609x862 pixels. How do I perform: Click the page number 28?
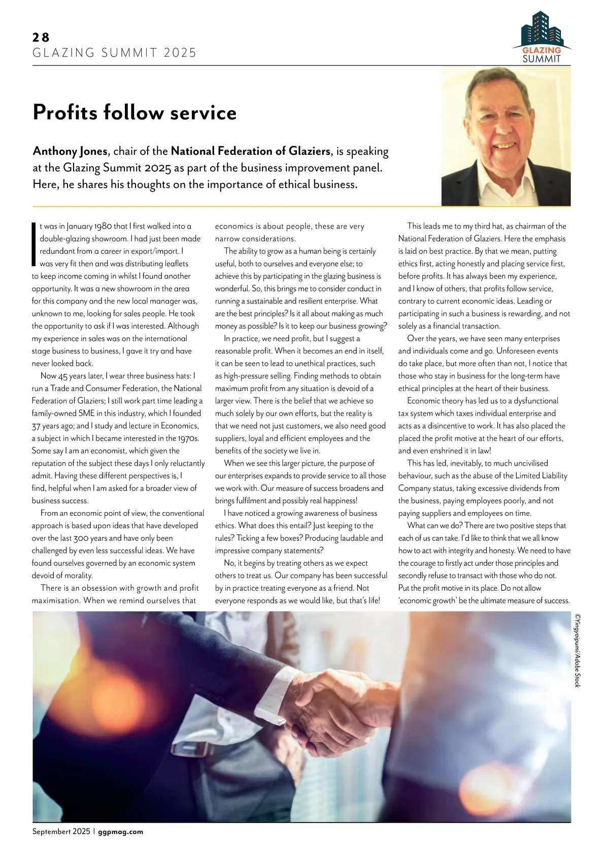pyautogui.click(x=41, y=37)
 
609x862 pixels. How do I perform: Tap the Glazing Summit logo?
pyautogui.click(x=542, y=37)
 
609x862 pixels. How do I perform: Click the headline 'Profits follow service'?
pyautogui.click(x=134, y=112)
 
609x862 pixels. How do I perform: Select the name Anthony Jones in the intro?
pyautogui.click(x=70, y=151)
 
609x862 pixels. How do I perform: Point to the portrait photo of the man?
pyautogui.click(x=505, y=137)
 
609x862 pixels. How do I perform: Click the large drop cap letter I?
pyautogui.click(x=34, y=244)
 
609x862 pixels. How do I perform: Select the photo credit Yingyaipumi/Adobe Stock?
pyautogui.click(x=577, y=650)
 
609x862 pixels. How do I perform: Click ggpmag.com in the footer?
pyautogui.click(x=120, y=832)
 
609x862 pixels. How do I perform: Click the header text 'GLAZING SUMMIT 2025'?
pyautogui.click(x=114, y=53)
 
